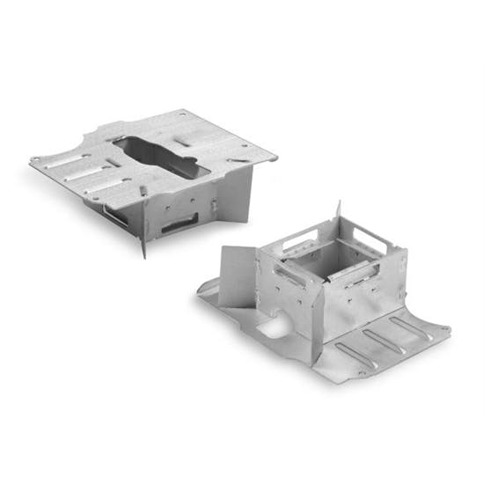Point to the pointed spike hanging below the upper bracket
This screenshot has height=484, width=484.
coord(143,246)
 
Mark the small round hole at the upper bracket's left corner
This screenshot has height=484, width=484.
coord(35,160)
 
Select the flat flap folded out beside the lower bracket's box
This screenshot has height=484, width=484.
coord(237,275)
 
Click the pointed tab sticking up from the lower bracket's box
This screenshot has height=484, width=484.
coord(339,212)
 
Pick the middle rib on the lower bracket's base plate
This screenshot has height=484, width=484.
coord(386,339)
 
